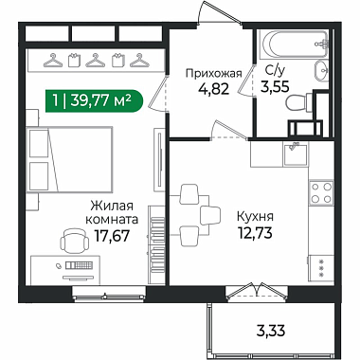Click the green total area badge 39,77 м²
(94, 101)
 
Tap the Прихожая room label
(213, 74)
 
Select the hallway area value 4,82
(213, 89)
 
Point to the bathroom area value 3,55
(275, 86)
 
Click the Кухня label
(255, 217)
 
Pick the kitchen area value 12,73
(255, 233)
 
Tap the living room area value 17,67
(113, 235)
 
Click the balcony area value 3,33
(270, 331)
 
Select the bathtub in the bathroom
(295, 45)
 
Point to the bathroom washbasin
(321, 70)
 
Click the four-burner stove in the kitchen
(321, 192)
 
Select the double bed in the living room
(70, 159)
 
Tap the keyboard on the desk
(79, 265)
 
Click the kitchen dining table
(189, 215)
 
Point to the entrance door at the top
(220, 12)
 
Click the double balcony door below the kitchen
(259, 291)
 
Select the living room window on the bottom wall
(109, 293)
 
